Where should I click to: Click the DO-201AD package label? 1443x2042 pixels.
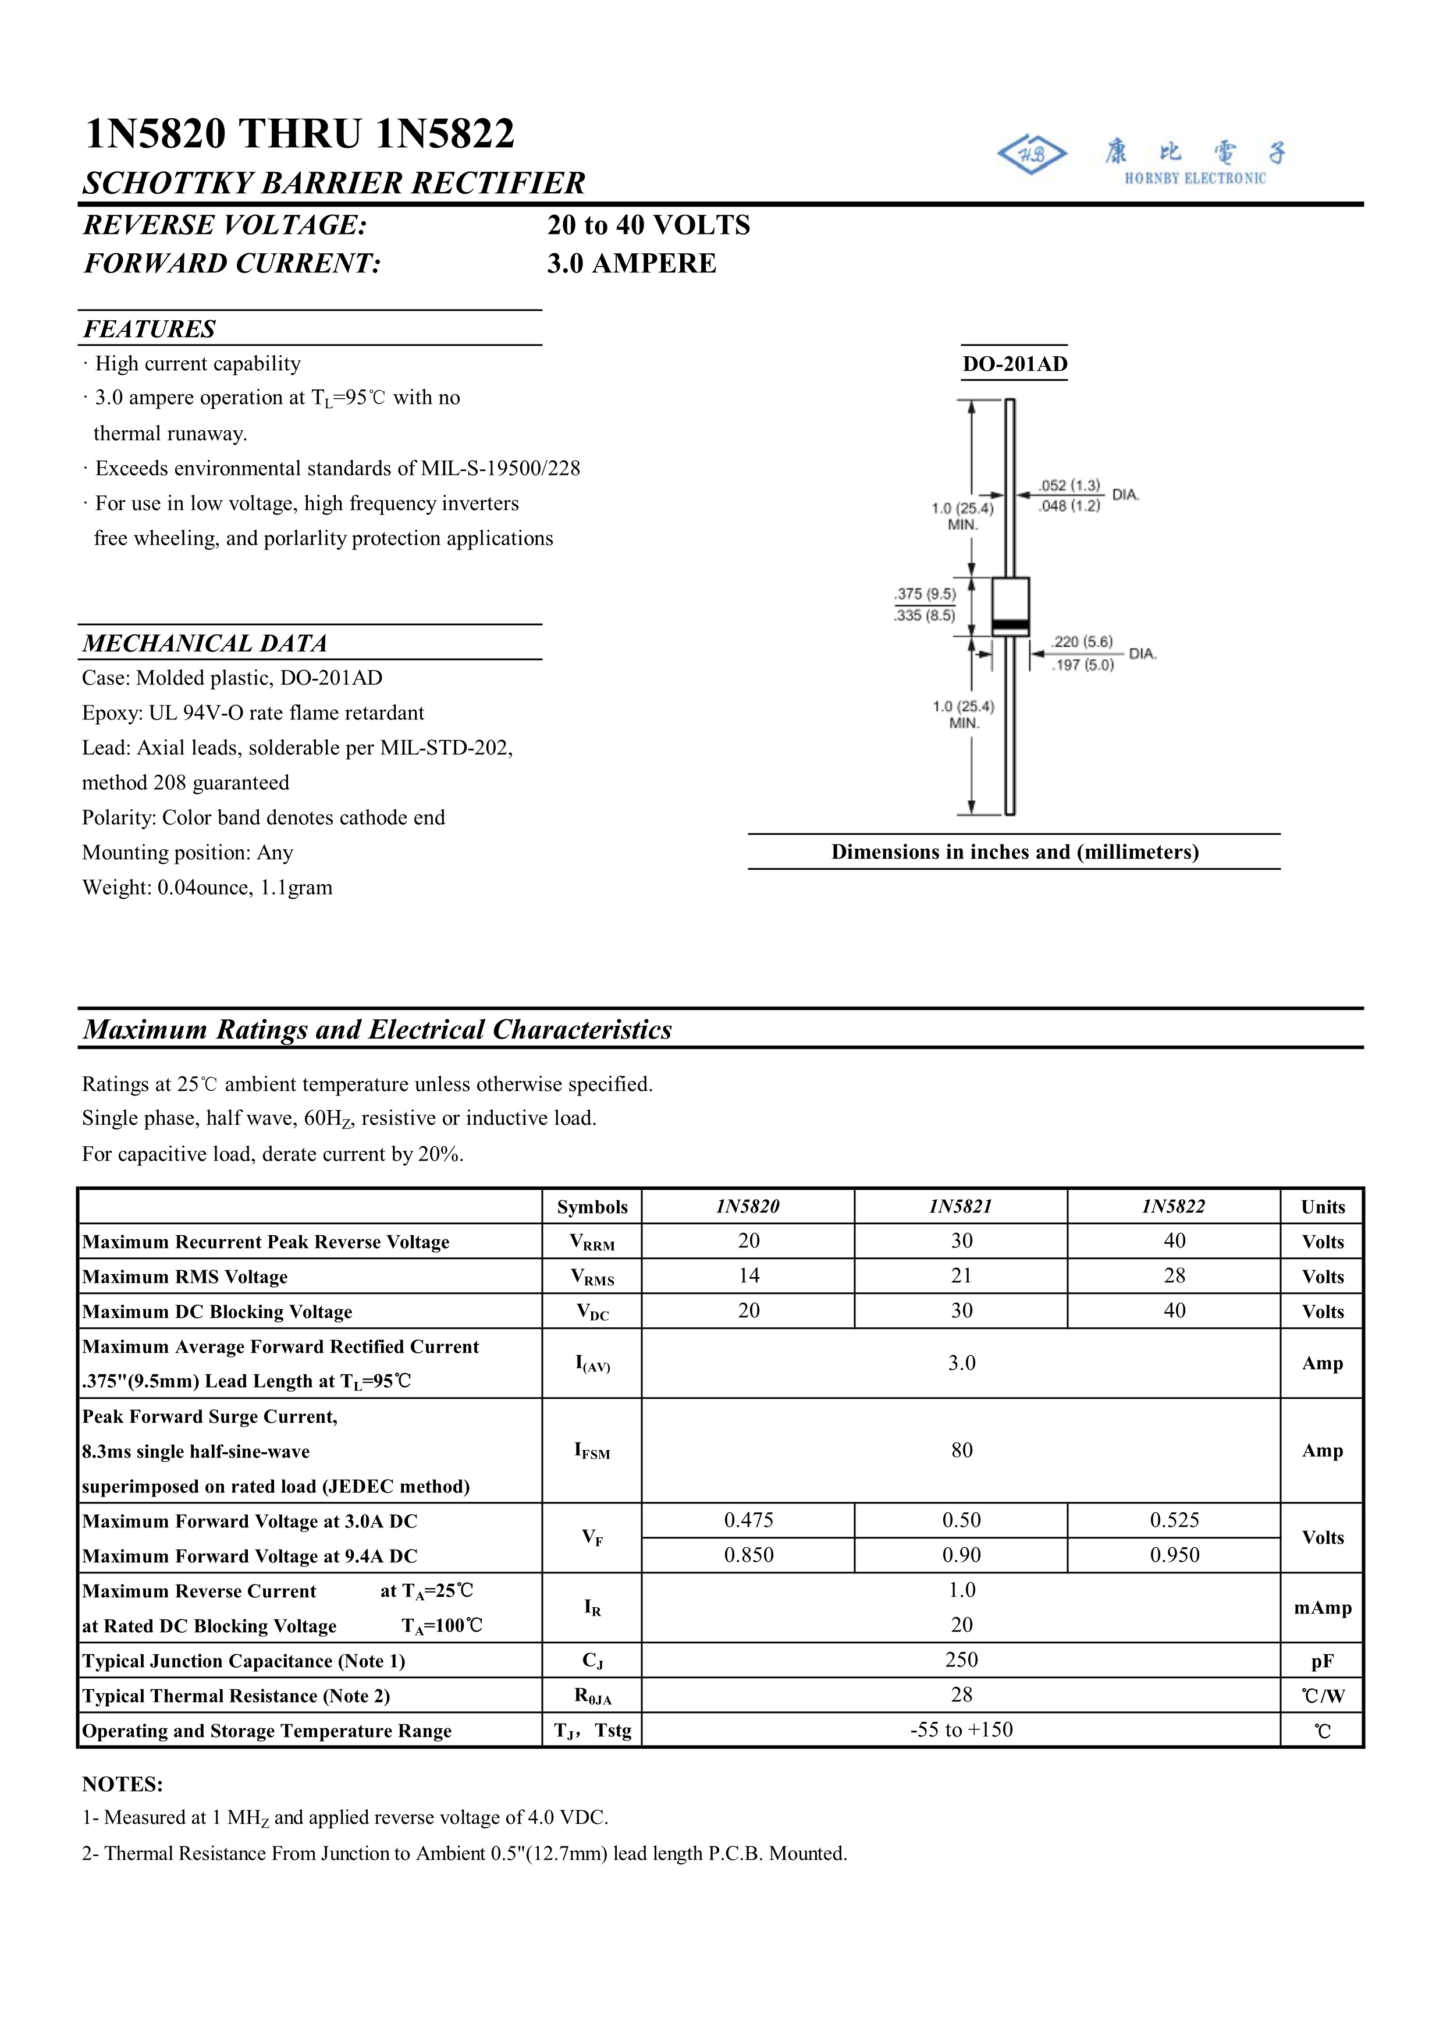point(1014,364)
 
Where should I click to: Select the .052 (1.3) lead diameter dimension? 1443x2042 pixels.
point(1069,485)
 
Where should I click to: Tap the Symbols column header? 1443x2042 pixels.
point(592,1207)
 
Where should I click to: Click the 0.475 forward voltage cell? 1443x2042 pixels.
point(749,1520)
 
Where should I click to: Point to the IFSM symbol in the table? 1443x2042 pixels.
point(592,1451)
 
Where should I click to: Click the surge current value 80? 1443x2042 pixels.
point(961,1449)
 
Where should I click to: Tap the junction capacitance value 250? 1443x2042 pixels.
point(961,1660)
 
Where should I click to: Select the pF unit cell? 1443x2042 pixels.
point(1322,1661)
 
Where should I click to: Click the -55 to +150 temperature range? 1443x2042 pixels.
point(961,1730)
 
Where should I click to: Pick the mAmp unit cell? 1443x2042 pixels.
point(1322,1607)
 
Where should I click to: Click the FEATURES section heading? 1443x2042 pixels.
point(150,329)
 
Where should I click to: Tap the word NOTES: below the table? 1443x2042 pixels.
point(123,1784)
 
